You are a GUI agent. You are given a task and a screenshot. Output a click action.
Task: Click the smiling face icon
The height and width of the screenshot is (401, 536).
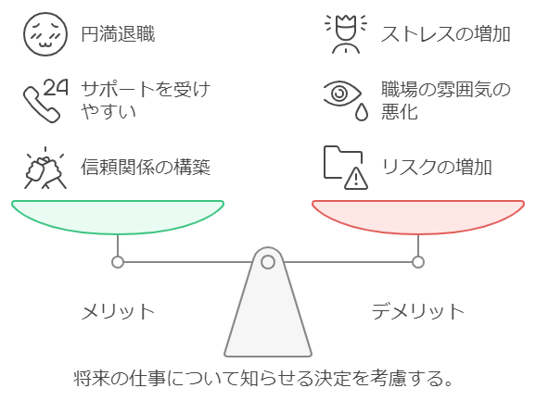pyautogui.click(x=45, y=34)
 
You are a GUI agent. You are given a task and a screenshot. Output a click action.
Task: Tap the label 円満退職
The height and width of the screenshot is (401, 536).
pyautogui.click(x=118, y=34)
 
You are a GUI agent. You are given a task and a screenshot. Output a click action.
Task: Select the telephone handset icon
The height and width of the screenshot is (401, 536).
pyautogui.click(x=40, y=105)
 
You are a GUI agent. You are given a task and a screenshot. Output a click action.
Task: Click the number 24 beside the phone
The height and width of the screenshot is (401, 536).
pyautogui.click(x=56, y=88)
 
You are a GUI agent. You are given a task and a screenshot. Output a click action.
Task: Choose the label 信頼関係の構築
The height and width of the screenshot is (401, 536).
pyautogui.click(x=146, y=167)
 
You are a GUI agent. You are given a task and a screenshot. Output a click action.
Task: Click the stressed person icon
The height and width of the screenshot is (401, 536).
pyautogui.click(x=346, y=34)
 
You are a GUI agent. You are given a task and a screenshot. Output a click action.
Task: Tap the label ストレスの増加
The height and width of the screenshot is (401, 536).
pyautogui.click(x=446, y=34)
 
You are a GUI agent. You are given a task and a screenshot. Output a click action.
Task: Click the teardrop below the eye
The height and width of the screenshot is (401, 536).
pyautogui.click(x=362, y=112)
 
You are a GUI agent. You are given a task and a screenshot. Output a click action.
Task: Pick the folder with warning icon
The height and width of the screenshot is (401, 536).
pyautogui.click(x=346, y=168)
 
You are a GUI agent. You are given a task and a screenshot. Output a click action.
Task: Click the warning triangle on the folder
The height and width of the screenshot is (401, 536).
pyautogui.click(x=356, y=179)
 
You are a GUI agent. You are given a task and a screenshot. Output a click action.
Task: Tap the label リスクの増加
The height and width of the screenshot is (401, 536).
pyautogui.click(x=437, y=168)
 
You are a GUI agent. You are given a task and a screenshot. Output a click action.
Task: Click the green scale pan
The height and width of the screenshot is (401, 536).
pyautogui.click(x=118, y=217)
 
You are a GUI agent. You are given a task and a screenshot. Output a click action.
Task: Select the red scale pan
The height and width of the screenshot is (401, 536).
pyautogui.click(x=418, y=217)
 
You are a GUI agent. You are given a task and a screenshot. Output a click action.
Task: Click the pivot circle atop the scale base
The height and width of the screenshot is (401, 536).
pyautogui.click(x=268, y=262)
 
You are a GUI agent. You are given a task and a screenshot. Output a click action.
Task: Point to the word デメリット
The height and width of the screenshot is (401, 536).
pyautogui.click(x=417, y=311)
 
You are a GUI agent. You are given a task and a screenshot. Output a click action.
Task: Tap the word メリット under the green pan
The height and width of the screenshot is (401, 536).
pyautogui.click(x=118, y=311)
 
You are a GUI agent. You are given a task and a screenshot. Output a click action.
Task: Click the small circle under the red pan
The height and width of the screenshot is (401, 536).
pyautogui.click(x=418, y=262)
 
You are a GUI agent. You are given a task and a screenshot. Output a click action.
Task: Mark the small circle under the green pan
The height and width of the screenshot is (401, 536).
pyautogui.click(x=118, y=262)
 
